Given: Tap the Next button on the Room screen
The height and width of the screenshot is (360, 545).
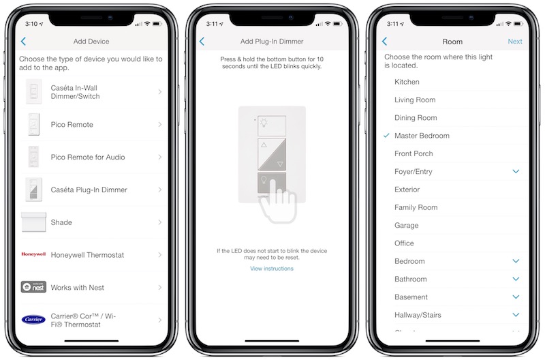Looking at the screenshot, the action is [515, 42].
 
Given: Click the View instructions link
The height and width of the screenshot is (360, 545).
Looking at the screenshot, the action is [272, 269].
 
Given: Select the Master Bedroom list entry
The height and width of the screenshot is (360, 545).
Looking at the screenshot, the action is [422, 136].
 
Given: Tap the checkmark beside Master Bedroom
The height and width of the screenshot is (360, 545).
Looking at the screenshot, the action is [386, 135].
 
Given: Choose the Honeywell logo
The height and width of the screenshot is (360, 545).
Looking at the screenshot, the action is [33, 254].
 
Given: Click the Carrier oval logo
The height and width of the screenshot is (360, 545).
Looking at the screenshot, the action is [33, 319].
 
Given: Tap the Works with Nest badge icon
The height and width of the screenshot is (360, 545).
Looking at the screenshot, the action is [33, 287].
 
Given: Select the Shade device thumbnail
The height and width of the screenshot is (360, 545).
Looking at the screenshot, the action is [33, 222].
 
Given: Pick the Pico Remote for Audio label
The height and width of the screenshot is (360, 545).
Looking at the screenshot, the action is [88, 157].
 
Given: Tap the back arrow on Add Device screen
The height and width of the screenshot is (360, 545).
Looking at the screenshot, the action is [23, 42].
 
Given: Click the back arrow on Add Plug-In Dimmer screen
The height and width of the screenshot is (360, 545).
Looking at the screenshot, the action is [202, 42].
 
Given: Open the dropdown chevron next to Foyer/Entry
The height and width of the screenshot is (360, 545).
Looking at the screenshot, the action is [516, 171].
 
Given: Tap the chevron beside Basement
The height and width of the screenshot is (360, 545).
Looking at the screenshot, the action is [516, 297].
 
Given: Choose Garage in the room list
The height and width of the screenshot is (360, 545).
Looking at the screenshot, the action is [406, 226].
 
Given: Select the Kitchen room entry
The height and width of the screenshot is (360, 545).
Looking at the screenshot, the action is [407, 82].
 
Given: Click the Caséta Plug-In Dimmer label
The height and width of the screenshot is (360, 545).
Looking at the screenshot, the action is [89, 190].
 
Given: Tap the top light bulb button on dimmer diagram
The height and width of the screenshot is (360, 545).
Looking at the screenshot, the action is [272, 125].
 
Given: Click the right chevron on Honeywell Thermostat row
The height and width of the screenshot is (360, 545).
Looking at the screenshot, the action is [160, 255].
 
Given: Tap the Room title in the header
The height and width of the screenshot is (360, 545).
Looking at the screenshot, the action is [452, 42].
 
